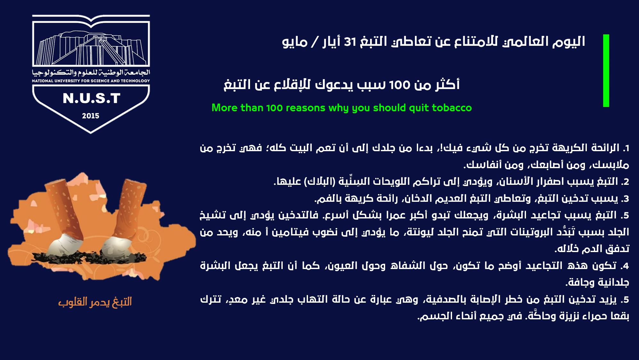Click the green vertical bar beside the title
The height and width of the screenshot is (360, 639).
(606, 70)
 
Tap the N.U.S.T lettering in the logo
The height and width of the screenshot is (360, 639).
(92, 98)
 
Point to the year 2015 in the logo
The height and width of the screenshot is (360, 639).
(91, 116)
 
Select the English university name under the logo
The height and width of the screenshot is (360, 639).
(91, 81)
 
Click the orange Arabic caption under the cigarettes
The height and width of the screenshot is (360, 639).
(95, 302)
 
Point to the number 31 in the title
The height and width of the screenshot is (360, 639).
(350, 42)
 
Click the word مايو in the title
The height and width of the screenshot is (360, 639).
(295, 42)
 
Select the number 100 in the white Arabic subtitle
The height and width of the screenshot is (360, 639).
(400, 85)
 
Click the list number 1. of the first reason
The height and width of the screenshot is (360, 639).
(626, 148)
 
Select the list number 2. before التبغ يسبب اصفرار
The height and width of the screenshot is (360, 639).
(625, 182)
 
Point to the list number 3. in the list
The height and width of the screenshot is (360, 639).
(625, 199)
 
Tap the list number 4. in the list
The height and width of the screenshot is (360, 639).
(625, 266)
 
